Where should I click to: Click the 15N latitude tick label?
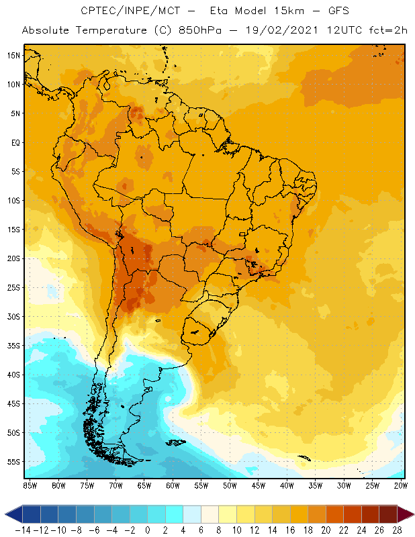pos(13,55)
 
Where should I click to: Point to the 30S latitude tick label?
pos(13,316)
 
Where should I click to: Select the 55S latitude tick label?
pos(13,461)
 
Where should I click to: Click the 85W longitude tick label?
pos(30,485)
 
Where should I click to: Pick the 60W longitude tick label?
pos(173,485)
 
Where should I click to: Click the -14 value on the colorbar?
pos(23,530)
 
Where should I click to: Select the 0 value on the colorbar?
pos(147,530)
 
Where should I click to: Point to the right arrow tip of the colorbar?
pos(411,515)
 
